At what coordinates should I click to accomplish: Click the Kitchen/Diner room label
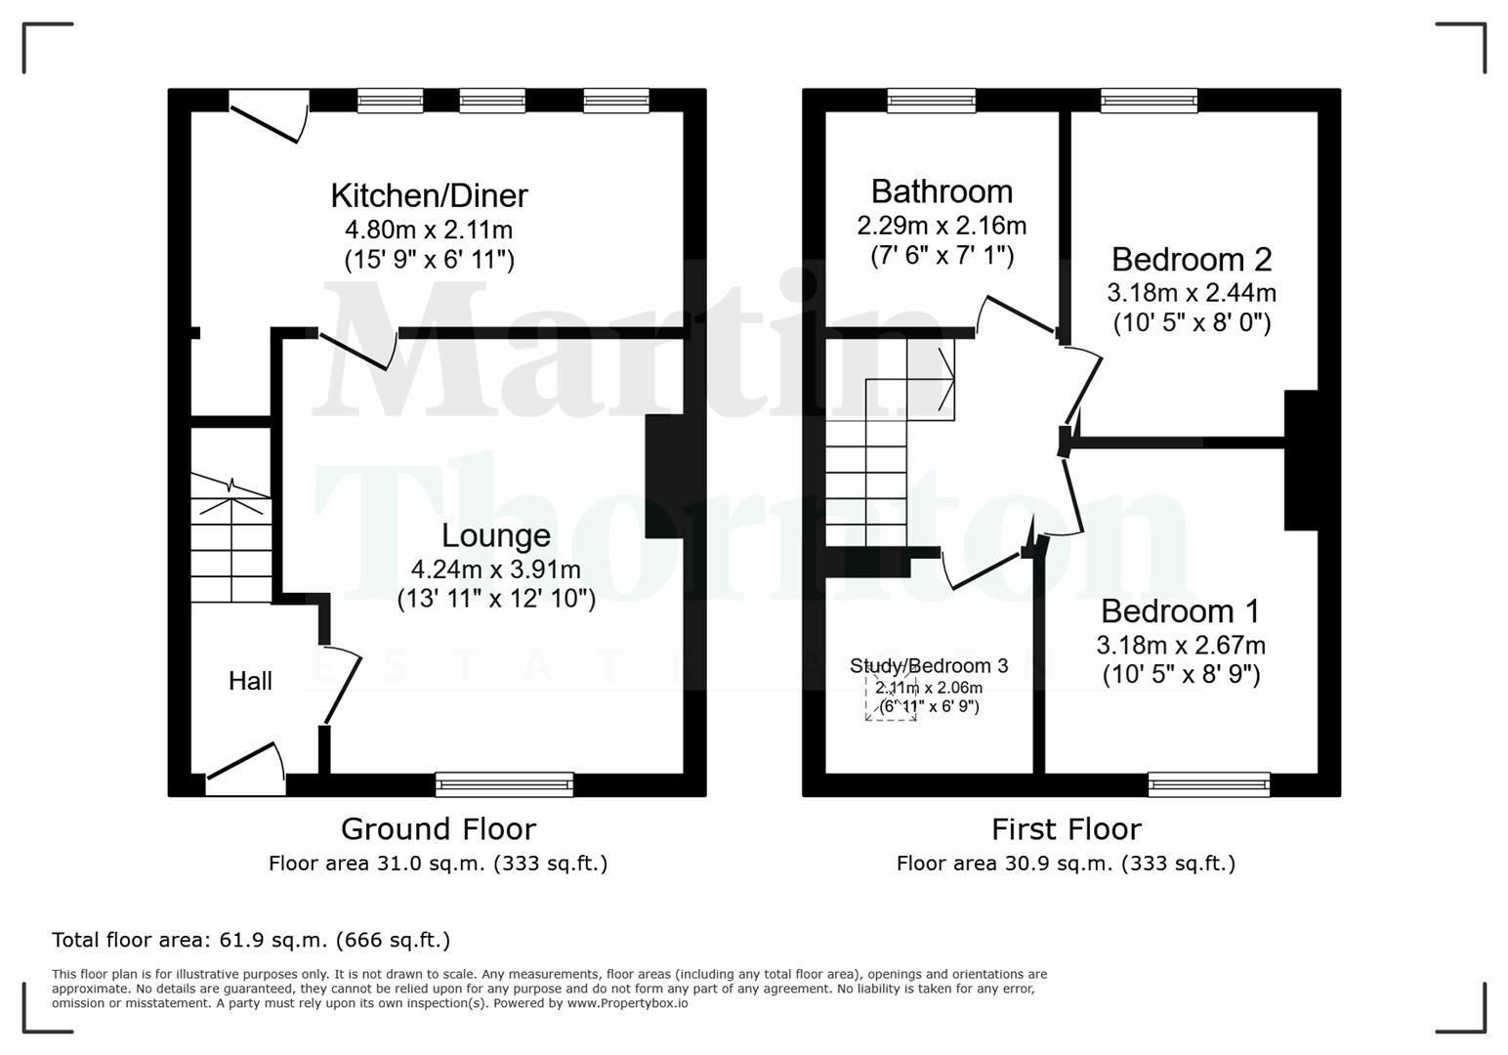(429, 195)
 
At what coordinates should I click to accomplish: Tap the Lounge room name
(495, 535)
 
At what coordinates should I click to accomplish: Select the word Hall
(250, 681)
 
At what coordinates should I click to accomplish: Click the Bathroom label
(942, 190)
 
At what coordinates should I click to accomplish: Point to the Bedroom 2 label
(1192, 259)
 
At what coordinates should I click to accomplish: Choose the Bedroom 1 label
(1180, 611)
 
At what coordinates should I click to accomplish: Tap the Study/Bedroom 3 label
(929, 666)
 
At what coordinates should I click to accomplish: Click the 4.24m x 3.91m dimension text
(496, 570)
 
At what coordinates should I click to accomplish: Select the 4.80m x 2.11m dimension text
(429, 231)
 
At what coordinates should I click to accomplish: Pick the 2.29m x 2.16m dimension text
(942, 226)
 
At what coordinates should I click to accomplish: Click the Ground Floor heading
(439, 829)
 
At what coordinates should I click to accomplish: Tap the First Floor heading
(1066, 829)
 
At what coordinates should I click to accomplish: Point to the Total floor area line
(251, 940)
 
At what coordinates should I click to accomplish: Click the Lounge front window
(505, 783)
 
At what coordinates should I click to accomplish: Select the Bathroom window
(931, 100)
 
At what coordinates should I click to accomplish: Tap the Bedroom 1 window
(1209, 783)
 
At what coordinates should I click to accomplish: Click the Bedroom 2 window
(1149, 100)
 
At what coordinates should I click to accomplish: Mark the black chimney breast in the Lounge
(664, 476)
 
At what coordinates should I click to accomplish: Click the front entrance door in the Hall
(244, 766)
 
